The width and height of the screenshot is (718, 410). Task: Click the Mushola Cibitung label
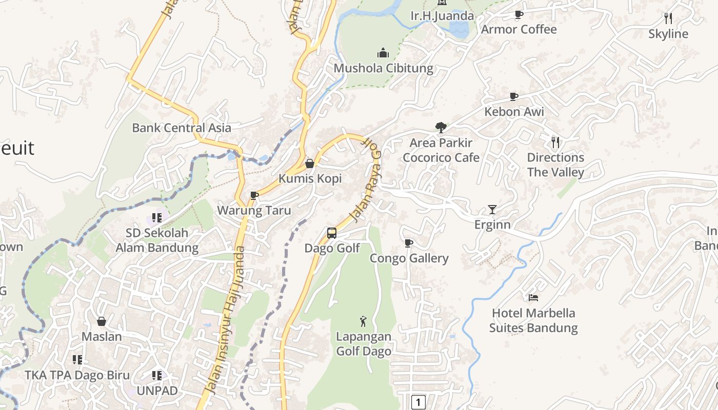point(383,68)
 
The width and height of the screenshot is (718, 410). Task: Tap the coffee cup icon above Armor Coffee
point(518,15)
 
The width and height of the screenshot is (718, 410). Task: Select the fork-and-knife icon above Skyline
point(668,18)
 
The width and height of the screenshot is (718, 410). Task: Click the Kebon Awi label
point(514,112)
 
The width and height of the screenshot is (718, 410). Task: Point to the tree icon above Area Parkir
point(441,128)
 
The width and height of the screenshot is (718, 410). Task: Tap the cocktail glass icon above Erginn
point(492,210)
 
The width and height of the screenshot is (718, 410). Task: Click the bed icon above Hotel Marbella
point(533,298)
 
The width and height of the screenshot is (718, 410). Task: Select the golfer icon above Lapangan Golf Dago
point(364,321)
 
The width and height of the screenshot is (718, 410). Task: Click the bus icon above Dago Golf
point(332,233)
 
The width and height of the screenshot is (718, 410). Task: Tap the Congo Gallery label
point(409,258)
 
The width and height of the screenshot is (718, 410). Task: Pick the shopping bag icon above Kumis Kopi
point(310,163)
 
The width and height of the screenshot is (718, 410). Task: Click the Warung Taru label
point(254,211)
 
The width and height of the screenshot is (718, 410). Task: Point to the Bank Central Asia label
point(182,128)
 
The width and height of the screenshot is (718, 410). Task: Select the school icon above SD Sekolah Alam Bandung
point(157,218)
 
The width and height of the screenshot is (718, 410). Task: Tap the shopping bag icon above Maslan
point(102,321)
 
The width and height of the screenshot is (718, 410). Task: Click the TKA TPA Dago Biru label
point(77,375)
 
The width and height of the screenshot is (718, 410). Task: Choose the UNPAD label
point(157,391)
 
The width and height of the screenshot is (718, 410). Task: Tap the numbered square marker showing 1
point(418,402)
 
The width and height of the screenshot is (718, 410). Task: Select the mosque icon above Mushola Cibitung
point(383,53)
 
